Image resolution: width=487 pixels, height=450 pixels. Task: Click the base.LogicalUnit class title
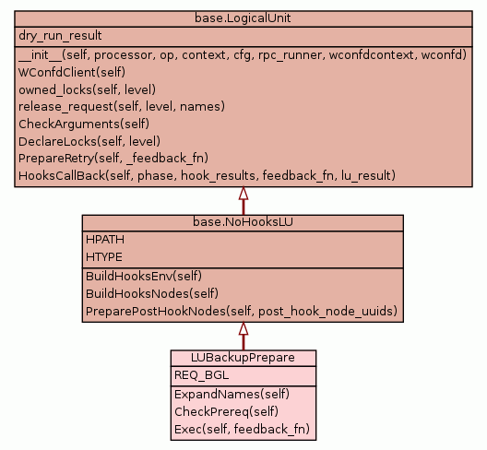(x=243, y=18)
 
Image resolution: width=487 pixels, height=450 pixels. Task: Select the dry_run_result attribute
(x=60, y=36)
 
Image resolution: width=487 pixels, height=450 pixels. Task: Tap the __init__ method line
(x=243, y=55)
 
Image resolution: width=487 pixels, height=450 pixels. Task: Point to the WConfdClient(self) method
(x=72, y=72)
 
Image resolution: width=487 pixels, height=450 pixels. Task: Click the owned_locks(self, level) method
(x=87, y=89)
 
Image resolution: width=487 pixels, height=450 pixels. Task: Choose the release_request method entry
(x=122, y=107)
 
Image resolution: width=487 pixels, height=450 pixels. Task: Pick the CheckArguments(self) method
(x=84, y=124)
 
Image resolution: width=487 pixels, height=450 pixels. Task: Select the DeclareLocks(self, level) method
(x=89, y=141)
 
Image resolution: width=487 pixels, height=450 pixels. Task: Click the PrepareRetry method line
(x=113, y=159)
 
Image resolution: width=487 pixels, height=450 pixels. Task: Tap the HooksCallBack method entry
(x=207, y=176)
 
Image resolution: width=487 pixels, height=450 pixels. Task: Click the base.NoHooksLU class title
(x=243, y=221)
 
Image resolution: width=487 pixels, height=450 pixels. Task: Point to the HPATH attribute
(x=105, y=240)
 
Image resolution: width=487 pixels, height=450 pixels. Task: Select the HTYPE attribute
(x=104, y=257)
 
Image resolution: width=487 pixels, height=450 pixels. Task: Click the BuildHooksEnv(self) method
(x=144, y=276)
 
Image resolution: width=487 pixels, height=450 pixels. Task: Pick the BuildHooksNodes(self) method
(x=152, y=293)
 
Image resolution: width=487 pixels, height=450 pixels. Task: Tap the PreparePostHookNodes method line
(x=242, y=311)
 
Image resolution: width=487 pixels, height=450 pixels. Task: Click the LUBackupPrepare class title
(x=243, y=358)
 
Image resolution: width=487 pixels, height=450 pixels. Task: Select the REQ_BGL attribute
(x=202, y=375)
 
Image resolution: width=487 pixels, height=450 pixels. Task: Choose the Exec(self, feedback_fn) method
(x=242, y=429)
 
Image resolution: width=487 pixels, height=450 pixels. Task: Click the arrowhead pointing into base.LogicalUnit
(x=243, y=193)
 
